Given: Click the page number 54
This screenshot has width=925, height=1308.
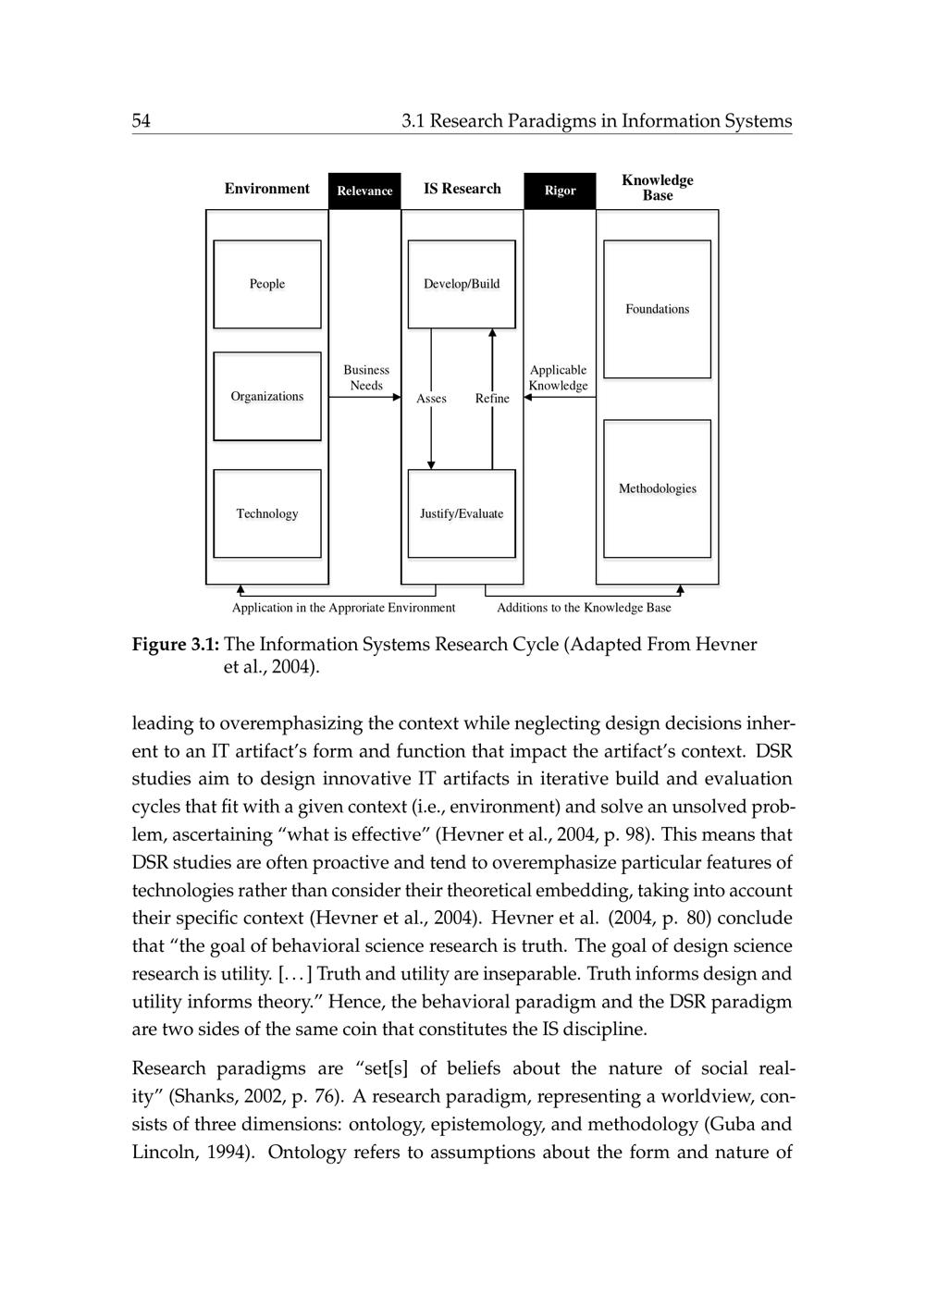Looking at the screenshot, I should pos(142,121).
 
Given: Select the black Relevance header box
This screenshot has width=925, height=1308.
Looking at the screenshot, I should pos(364,191).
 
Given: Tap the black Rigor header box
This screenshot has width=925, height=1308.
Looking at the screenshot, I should pos(560,191).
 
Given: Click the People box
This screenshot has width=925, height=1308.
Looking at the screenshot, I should pos(267,284).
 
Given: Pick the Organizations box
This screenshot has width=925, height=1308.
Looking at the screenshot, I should pos(267,396).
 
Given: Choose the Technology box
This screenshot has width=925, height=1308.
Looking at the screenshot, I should pos(267,513).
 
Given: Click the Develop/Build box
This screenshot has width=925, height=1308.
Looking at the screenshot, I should pos(462,284).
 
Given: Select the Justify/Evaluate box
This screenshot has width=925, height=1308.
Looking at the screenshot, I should pos(462,513).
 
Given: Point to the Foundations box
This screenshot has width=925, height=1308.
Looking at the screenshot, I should pos(657,309).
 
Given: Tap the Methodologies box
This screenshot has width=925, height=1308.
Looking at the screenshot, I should pos(657,488).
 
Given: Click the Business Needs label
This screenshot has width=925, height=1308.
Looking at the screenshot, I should pos(366,377).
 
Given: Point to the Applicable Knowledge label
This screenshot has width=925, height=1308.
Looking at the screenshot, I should pos(558,377).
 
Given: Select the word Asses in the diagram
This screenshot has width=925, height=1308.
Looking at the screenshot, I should pos(431,399).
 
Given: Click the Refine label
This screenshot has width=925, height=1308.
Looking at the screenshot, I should pos(492,399).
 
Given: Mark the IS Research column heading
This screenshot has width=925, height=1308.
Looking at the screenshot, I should pos(462,189).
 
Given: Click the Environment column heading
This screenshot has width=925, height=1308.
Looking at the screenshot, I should pos(267,189).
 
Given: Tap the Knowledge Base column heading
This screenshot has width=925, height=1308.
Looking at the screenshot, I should pos(657,188).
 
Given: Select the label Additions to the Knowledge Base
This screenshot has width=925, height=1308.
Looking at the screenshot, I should pos(584,608).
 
